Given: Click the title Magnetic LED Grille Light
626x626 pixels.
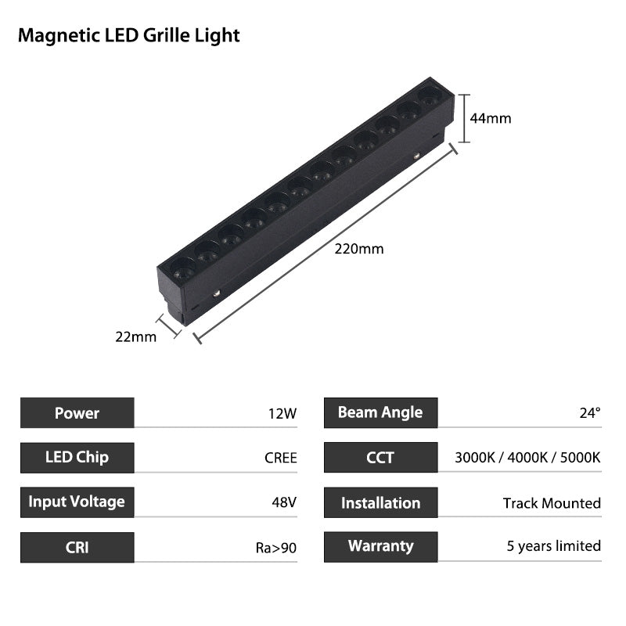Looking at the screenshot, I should coord(129,35).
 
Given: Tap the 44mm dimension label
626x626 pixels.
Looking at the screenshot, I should coord(491,119).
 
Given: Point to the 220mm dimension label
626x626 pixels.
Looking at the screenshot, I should coord(359,250).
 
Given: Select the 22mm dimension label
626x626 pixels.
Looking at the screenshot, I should coord(135,336).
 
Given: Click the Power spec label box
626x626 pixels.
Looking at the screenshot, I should coord(77,413).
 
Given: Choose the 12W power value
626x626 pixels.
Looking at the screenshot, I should coord(282,413).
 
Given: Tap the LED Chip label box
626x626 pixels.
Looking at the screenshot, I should coord(77,458).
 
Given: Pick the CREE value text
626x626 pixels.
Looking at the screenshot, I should coord(281,458).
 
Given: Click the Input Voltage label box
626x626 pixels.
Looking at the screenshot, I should coord(77,502).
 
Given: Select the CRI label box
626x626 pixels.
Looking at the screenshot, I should coord(77,547).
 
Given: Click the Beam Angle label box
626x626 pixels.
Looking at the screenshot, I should coord(380,413).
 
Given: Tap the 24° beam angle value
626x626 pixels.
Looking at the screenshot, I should coord(590,413).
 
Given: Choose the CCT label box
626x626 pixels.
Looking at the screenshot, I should coord(380,458).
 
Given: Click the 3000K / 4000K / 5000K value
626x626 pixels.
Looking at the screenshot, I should coord(527,458).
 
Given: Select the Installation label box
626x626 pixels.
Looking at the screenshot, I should coord(380,503).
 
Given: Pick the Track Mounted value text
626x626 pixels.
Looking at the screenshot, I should coord(552,503).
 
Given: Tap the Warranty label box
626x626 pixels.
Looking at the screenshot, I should coord(380,547).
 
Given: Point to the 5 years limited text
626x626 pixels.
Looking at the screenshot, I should coord(554,547).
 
